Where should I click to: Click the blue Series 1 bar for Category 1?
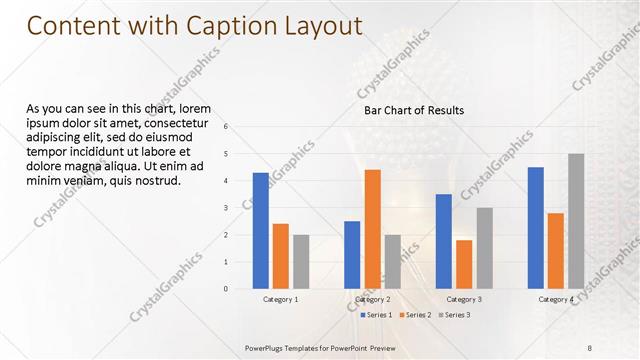coord(261,231)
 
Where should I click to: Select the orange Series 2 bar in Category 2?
coord(372,229)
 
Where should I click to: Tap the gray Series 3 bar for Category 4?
coord(576,221)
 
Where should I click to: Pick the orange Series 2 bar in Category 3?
coord(464,264)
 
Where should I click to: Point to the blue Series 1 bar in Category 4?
coord(536,228)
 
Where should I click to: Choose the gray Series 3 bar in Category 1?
coord(301,262)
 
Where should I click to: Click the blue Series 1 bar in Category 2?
coord(352,255)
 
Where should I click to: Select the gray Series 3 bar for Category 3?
coord(484,248)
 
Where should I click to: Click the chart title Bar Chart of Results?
coord(414,110)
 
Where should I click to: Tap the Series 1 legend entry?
coord(376,315)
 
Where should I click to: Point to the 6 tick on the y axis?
coord(226,126)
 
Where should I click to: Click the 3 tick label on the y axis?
coord(226,208)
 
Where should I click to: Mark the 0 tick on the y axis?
coord(226,289)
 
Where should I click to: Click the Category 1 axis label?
coord(281,299)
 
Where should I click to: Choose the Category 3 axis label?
coord(464,299)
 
